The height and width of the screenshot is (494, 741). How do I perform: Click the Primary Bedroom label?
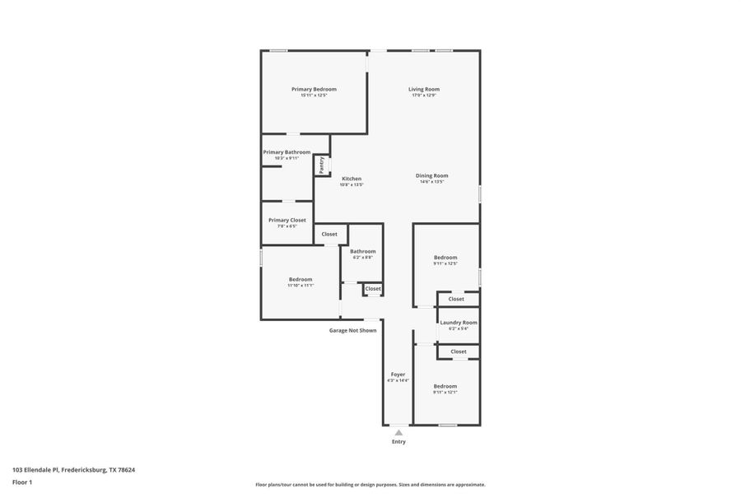[x=314, y=89]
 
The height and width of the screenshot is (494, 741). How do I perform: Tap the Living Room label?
[x=424, y=89]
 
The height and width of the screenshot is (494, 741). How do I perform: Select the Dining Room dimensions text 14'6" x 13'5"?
[x=431, y=182]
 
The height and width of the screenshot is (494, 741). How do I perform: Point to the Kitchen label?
[x=352, y=179]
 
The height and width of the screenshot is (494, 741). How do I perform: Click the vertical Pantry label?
[x=322, y=165]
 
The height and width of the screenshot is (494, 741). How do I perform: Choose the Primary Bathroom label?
[x=287, y=152]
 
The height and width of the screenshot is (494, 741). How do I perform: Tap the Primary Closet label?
[x=287, y=220]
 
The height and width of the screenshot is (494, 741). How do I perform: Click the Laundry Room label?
[x=458, y=322]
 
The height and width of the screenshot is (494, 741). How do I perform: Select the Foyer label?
[x=398, y=374]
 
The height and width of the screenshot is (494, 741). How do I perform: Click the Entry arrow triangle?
[x=398, y=431]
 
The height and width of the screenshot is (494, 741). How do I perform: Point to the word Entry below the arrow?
[x=398, y=441]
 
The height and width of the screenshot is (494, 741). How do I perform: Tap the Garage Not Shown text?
[x=352, y=330]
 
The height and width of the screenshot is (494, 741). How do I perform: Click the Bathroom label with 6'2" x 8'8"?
[x=362, y=251]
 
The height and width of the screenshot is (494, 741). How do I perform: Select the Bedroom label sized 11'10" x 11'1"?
[x=300, y=279]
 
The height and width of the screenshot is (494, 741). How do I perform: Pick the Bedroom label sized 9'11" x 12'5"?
[x=445, y=257]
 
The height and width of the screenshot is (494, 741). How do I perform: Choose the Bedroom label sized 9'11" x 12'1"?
[x=445, y=385]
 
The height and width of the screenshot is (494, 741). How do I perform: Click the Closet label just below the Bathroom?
[x=373, y=288]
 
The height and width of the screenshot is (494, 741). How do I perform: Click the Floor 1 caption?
[x=22, y=482]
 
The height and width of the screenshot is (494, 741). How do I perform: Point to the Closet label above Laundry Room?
[x=456, y=299]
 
